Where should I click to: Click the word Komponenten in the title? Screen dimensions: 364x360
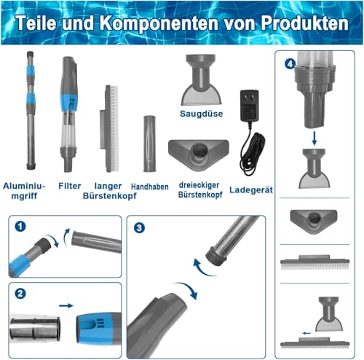tap(159, 23)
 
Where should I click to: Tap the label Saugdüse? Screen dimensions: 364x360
tap(201, 114)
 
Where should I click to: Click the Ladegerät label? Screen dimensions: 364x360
tap(251, 190)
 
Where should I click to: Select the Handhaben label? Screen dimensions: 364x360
tap(150, 187)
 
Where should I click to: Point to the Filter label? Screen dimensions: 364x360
tap(70, 186)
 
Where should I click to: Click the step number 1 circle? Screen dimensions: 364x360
tap(20, 227)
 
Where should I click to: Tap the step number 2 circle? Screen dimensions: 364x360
tap(20, 294)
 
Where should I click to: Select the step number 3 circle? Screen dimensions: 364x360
tap(139, 227)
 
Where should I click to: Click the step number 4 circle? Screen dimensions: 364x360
tap(290, 64)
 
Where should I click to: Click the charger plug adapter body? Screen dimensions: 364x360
tap(250, 106)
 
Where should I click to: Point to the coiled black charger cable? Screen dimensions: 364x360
tap(253, 153)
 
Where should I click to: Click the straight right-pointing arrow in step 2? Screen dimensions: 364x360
tap(66, 305)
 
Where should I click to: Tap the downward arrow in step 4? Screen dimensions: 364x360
tap(314, 138)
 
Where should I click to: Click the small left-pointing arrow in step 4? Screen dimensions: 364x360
tap(306, 333)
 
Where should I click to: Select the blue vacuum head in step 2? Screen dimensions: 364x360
tap(99, 328)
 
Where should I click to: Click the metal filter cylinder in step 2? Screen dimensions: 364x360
tap(35, 327)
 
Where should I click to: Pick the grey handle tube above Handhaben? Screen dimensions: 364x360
tap(149, 144)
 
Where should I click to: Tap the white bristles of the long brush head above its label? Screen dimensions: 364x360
tap(114, 129)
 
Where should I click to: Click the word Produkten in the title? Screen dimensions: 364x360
tap(305, 23)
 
